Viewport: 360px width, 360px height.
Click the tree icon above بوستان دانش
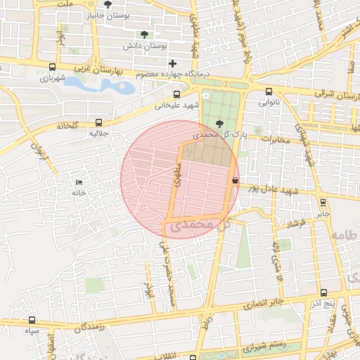pyautogui.click(x=145, y=34)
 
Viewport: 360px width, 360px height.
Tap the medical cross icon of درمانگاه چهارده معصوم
pyautogui.click(x=172, y=64)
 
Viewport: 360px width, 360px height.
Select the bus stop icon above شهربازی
pyautogui.click(x=53, y=67)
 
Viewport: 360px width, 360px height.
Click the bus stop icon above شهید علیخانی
pyautogui.click(x=176, y=95)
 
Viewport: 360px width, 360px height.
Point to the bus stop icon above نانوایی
pyautogui.click(x=269, y=91)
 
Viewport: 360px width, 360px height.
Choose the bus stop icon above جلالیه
pyautogui.click(x=98, y=122)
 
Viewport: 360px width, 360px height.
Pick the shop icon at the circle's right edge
pyautogui.click(x=234, y=180)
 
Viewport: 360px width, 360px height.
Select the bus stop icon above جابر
pyautogui.click(x=323, y=202)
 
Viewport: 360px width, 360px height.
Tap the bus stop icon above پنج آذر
pyautogui.click(x=323, y=292)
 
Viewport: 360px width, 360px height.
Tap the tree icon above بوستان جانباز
pyautogui.click(x=108, y=4)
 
